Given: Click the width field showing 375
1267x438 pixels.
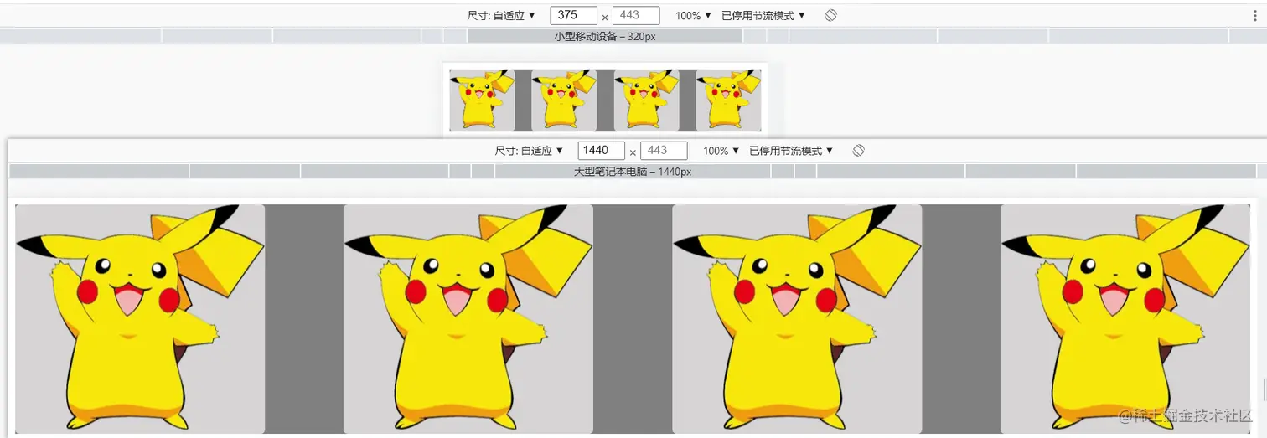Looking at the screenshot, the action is (x=573, y=15).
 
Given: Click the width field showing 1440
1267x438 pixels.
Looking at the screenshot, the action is (x=601, y=151).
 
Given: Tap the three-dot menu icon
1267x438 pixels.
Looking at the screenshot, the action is (x=1255, y=16).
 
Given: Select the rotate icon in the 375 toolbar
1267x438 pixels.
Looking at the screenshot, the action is (x=830, y=15).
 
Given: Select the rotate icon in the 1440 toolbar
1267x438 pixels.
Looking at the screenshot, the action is (x=858, y=151).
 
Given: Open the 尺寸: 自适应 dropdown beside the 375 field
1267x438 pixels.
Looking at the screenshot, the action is (x=500, y=16).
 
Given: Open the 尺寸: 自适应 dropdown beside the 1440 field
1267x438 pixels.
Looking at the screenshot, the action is (x=528, y=151).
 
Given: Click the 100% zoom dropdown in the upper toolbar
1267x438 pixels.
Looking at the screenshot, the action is (x=693, y=16).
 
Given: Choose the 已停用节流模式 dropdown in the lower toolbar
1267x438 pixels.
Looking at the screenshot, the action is (x=791, y=151).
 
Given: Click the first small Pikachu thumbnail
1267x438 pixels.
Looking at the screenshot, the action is (x=482, y=100).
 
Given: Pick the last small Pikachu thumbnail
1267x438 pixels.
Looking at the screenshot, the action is (x=728, y=100).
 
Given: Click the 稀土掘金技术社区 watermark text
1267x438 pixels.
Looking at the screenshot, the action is (x=1185, y=415).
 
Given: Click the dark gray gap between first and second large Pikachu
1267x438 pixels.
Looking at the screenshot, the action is (x=303, y=319).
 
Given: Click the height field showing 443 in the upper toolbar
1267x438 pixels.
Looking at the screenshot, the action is (x=636, y=15).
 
